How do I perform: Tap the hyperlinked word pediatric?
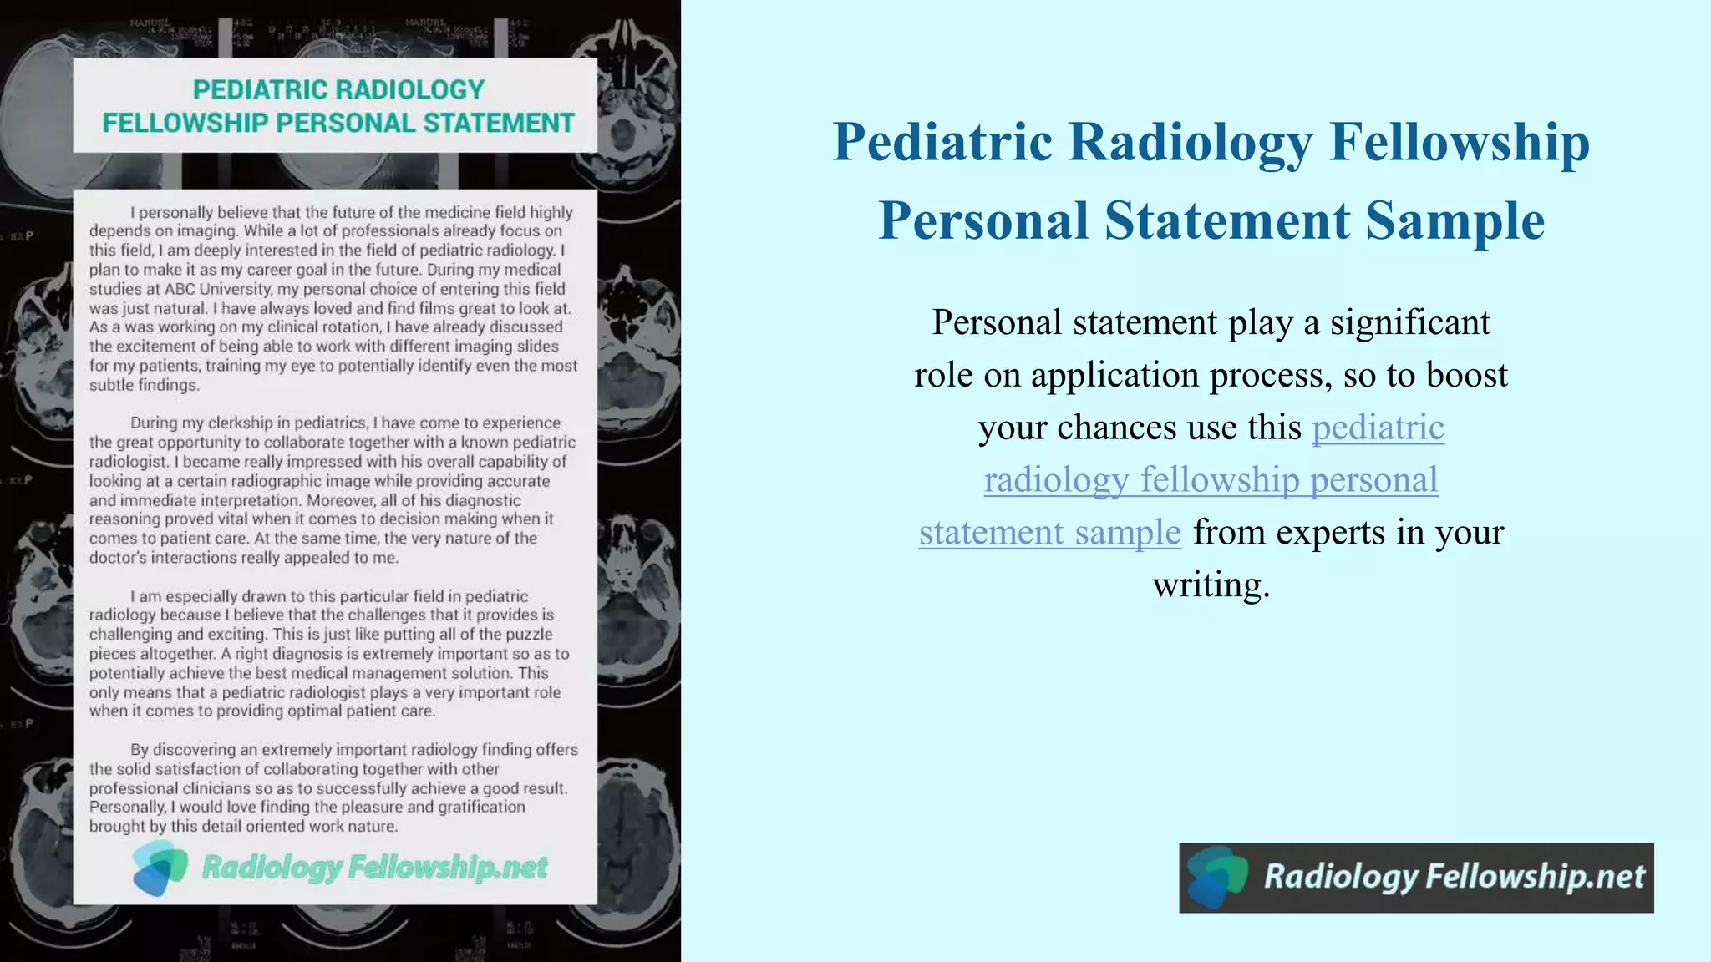[x=1378, y=428]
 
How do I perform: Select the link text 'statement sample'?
[x=1049, y=532]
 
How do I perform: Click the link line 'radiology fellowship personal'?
[x=1211, y=480]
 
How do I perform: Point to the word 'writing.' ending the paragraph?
[x=1211, y=585]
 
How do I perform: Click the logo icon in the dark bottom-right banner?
[x=1216, y=877]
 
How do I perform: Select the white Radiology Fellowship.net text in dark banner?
[x=1454, y=877]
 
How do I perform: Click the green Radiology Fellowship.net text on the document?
[x=374, y=868]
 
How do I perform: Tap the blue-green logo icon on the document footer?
[x=160, y=868]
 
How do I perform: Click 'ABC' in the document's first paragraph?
[x=180, y=289]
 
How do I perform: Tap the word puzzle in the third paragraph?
[x=529, y=634]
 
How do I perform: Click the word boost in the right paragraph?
[x=1467, y=376]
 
